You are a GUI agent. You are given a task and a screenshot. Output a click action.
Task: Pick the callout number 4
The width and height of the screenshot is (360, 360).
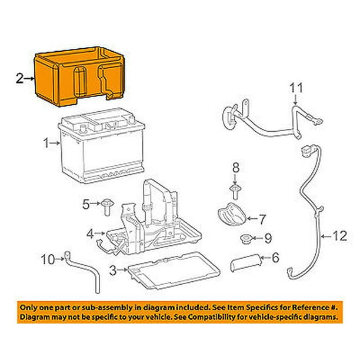[x=90, y=234]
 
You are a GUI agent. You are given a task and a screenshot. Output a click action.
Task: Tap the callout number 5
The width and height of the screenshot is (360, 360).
[x=85, y=204]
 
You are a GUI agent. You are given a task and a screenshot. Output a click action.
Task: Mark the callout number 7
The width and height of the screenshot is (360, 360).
[x=263, y=219]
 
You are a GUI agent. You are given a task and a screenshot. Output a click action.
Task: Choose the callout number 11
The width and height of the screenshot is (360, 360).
[x=298, y=88]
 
